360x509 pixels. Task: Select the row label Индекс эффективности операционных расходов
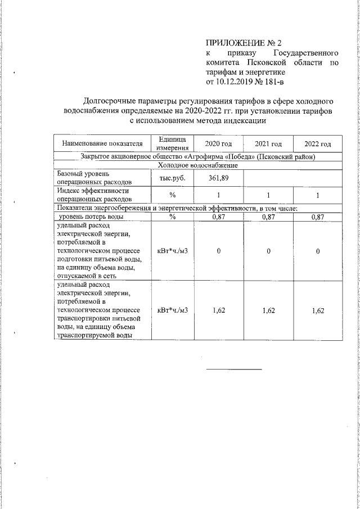(94, 195)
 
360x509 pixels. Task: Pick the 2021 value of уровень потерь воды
(268, 217)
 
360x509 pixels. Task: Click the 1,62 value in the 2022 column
(318, 310)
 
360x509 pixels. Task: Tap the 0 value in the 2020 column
(218, 251)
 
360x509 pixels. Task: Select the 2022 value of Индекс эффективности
(318, 195)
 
